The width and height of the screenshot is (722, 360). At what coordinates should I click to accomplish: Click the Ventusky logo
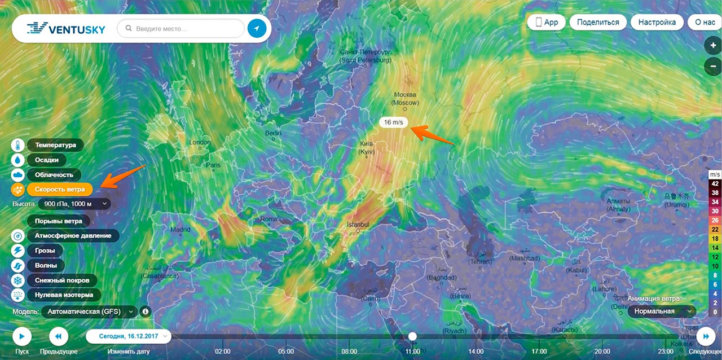(x=67, y=29)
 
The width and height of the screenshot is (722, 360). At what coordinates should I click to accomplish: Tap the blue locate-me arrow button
(x=257, y=29)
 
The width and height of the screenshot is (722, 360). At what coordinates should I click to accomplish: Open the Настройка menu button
(x=657, y=23)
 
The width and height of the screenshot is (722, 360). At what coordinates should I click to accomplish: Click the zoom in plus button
(x=713, y=46)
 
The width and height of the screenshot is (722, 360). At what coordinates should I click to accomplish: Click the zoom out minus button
(x=713, y=66)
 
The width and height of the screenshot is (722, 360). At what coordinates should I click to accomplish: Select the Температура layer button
(x=55, y=145)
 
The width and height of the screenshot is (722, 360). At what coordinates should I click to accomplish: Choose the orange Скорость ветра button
(x=59, y=190)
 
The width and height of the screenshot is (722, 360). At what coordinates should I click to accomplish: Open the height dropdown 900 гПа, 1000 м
(x=74, y=204)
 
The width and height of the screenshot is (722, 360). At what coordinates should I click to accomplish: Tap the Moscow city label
(x=405, y=99)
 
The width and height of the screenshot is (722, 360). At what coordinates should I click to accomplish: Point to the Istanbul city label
(x=358, y=225)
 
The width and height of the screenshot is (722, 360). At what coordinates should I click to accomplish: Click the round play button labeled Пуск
(x=22, y=336)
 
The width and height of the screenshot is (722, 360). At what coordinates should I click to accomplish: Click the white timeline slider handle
(x=413, y=336)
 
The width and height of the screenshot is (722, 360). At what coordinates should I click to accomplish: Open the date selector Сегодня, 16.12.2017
(x=129, y=336)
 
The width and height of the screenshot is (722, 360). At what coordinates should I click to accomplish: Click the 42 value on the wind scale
(x=715, y=184)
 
